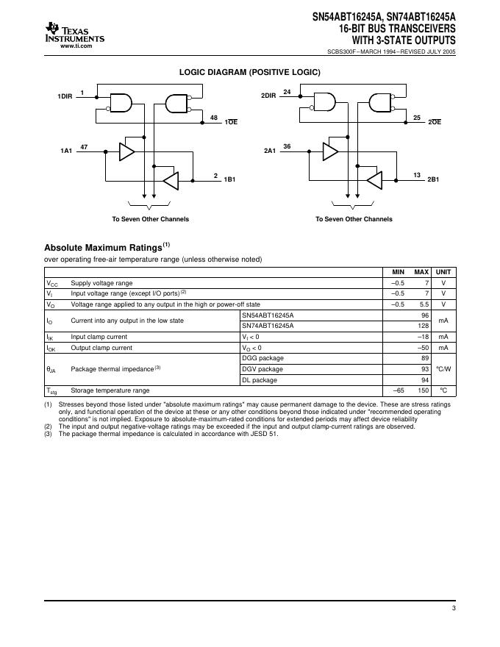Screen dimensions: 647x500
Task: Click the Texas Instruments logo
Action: point(74,34)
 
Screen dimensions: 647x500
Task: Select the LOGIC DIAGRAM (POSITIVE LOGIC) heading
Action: point(250,73)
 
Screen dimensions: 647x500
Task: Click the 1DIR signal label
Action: point(65,97)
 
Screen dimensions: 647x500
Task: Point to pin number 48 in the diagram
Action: point(213,118)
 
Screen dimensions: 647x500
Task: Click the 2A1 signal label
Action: point(269,151)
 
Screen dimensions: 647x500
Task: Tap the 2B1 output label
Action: point(433,179)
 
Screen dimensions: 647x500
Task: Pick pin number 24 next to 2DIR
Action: point(287,92)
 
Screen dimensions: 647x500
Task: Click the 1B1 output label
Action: point(230,179)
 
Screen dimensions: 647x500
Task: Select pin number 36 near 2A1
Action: point(287,146)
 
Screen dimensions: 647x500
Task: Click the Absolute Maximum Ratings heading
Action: point(107,248)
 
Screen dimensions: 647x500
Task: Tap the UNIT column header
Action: point(443,272)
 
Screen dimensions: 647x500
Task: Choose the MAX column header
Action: point(421,272)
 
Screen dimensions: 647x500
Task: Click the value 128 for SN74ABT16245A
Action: point(424,325)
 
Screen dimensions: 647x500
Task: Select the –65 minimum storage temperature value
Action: point(399,390)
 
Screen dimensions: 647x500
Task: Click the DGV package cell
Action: point(262,369)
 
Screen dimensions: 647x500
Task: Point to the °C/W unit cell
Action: point(443,369)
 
